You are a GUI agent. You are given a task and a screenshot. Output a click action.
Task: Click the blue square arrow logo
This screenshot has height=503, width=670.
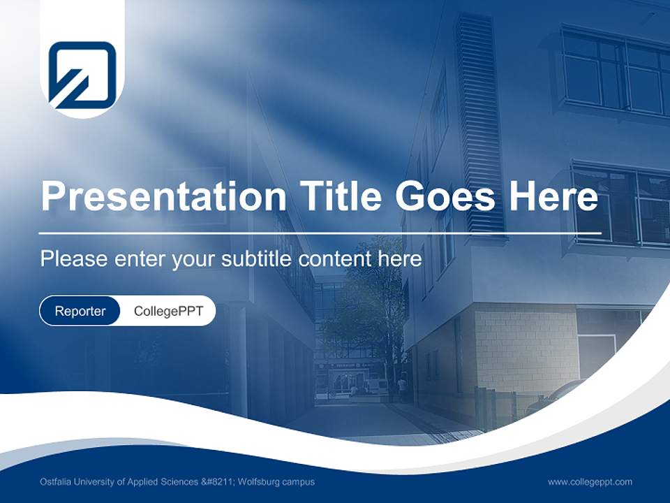click(x=82, y=75)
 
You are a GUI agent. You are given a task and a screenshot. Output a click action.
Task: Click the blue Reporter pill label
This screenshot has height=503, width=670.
click(x=80, y=311)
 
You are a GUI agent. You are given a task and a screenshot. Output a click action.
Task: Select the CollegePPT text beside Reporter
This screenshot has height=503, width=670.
click(x=168, y=311)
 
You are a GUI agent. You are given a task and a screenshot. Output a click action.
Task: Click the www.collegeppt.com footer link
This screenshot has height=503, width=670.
click(x=590, y=482)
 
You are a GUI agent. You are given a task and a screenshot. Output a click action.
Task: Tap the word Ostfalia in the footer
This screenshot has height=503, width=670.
click(x=55, y=482)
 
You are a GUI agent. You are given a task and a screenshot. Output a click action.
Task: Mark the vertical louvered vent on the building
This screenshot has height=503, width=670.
click(x=480, y=126)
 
